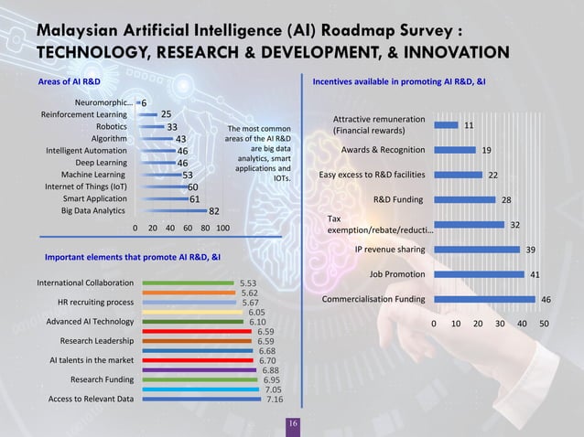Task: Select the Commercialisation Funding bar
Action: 484,299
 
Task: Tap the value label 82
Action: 213,210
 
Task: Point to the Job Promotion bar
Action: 479,273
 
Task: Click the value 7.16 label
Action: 275,400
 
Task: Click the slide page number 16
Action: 292,425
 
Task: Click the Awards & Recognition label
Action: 383,150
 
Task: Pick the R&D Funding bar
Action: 464,199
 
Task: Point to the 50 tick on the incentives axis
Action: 544,324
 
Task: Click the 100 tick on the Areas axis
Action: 222,229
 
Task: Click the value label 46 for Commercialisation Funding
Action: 546,299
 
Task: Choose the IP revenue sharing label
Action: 389,249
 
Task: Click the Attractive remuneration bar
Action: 446,125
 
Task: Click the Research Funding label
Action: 102,378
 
